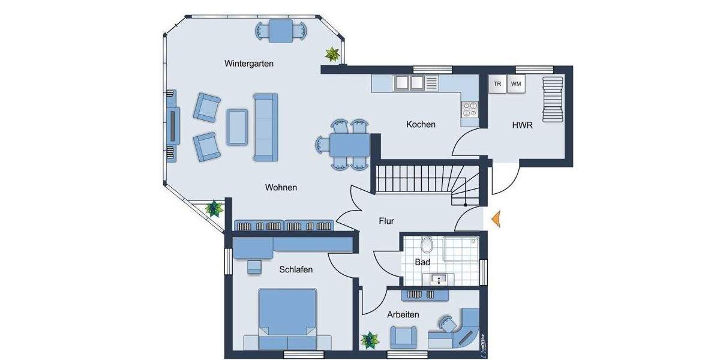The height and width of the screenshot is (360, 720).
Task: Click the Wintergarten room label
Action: pyautogui.click(x=249, y=63)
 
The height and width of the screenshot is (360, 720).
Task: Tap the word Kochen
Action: pyautogui.click(x=421, y=124)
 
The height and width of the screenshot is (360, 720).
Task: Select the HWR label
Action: pyautogui.click(x=522, y=125)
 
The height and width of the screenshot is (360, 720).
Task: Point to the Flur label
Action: pyautogui.click(x=386, y=221)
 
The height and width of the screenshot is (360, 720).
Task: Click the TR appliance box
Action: pyautogui.click(x=497, y=84)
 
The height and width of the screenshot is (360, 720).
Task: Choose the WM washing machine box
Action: pyautogui.click(x=516, y=84)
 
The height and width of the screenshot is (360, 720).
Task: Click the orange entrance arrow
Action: pyautogui.click(x=496, y=220)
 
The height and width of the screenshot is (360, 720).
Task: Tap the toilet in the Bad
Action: pyautogui.click(x=427, y=245)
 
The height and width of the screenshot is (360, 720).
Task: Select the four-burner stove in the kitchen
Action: pyautogui.click(x=469, y=109)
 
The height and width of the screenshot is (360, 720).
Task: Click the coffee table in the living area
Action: pyautogui.click(x=237, y=127)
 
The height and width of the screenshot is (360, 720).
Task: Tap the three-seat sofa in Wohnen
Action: pyautogui.click(x=265, y=127)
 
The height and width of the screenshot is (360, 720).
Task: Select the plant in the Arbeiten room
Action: pyautogui.click(x=370, y=340)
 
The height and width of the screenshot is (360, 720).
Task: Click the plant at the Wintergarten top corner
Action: pyautogui.click(x=332, y=55)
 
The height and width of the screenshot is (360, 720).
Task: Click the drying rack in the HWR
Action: pyautogui.click(x=552, y=98)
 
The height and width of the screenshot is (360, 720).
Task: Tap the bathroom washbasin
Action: pyautogui.click(x=437, y=278)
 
